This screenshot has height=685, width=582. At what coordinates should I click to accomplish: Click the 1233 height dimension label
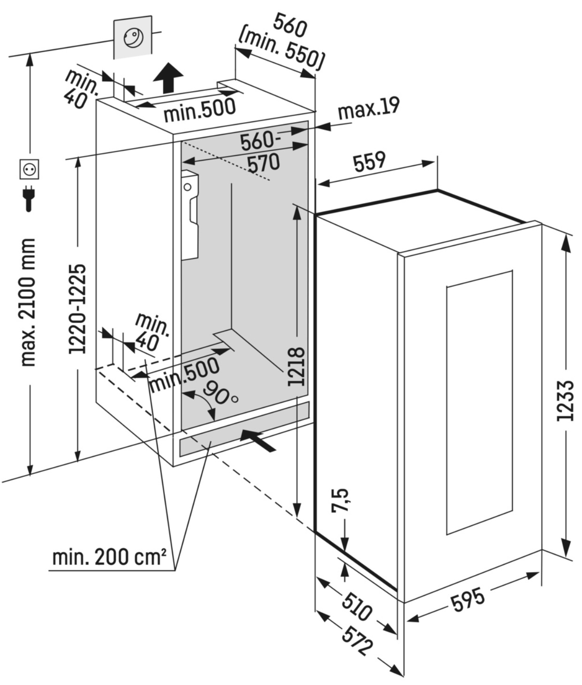tap(565, 400)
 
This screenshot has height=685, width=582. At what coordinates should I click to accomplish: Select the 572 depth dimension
tap(357, 641)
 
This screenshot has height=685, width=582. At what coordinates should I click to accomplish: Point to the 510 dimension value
tap(356, 607)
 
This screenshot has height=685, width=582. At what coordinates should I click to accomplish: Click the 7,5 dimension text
tap(341, 500)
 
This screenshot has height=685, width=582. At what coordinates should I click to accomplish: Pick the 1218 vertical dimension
tap(297, 366)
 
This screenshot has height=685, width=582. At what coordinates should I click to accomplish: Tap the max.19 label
tap(368, 109)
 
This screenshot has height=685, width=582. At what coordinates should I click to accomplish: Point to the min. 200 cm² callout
tap(109, 557)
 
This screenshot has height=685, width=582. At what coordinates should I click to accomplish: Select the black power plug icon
tap(29, 198)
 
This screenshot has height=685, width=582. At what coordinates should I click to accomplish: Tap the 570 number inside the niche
tap(263, 163)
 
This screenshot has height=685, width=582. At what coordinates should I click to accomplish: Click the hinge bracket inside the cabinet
tap(191, 214)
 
